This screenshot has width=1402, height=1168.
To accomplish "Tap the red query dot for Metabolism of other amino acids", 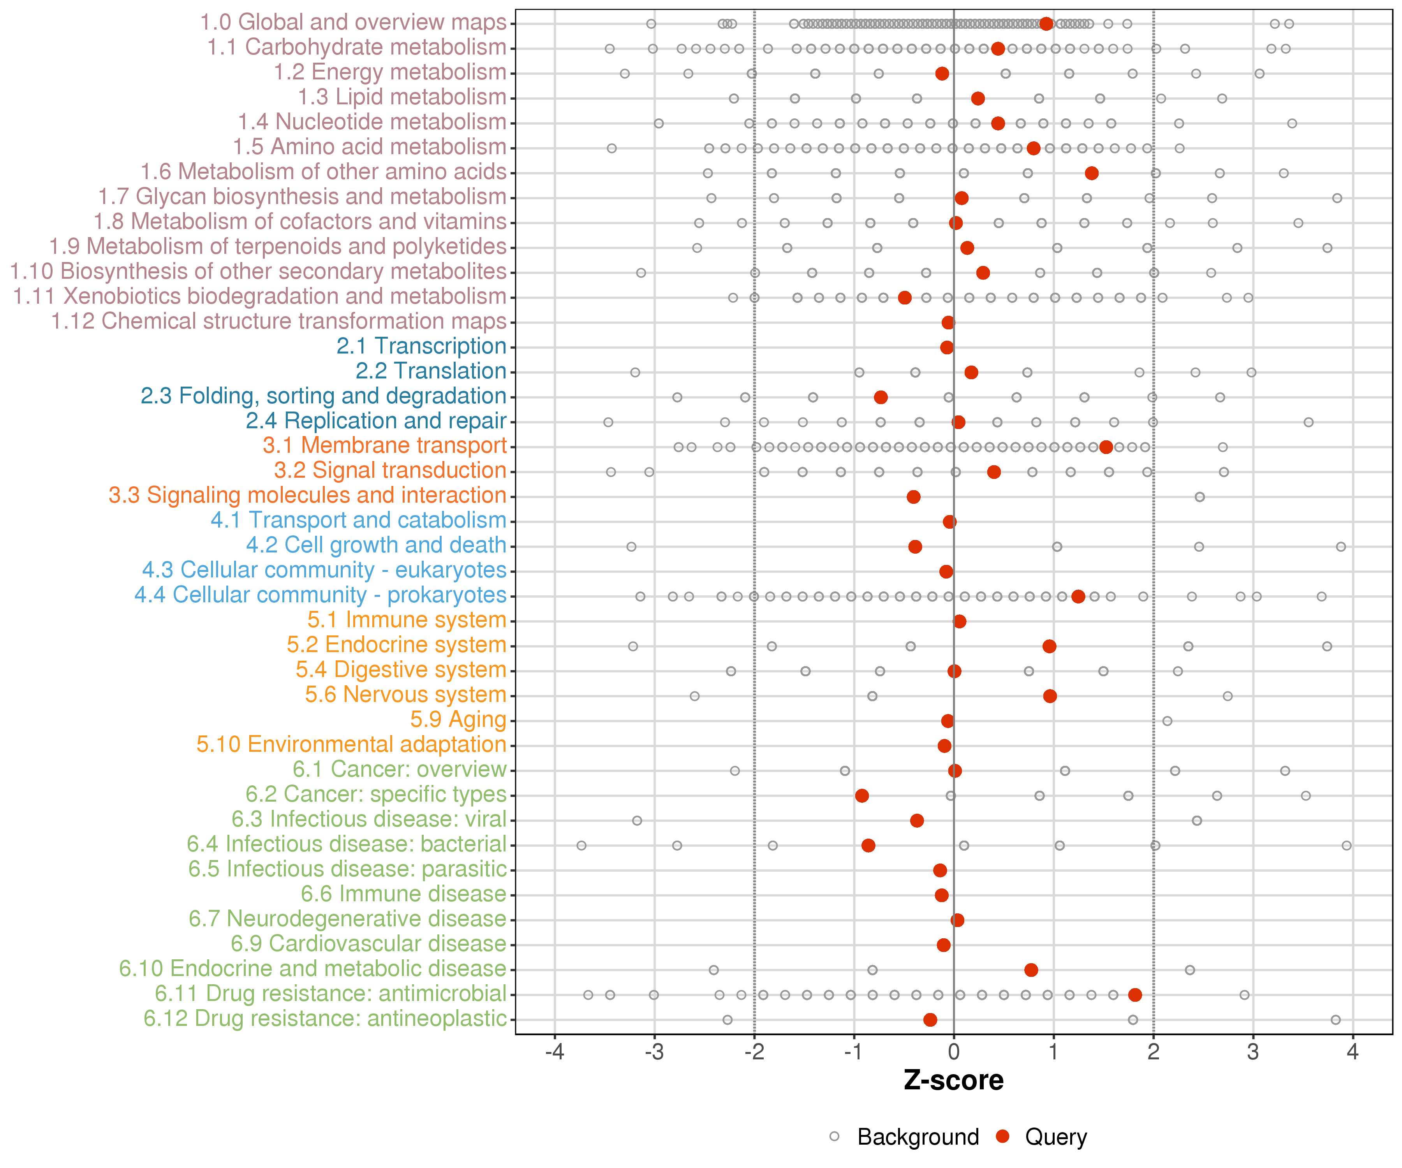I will click(1092, 174).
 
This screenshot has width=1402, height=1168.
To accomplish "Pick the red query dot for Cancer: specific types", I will click(862, 795).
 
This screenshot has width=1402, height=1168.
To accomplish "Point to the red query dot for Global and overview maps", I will click(1046, 24).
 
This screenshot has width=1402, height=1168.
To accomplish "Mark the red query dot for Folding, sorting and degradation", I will click(881, 397).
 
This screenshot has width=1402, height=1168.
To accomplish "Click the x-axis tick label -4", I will click(554, 1052).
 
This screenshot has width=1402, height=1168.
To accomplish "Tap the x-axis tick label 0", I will click(953, 1052).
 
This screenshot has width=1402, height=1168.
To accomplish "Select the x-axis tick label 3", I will click(1253, 1052).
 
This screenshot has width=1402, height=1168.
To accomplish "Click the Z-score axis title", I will click(953, 1080).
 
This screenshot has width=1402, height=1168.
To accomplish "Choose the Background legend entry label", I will click(918, 1136).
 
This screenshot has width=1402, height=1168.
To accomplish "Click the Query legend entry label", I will click(1056, 1136).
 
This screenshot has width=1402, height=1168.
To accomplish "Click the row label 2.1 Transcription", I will click(421, 346).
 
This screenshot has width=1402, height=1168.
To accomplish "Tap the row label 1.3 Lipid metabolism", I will click(402, 97).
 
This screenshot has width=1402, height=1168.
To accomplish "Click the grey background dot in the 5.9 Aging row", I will click(1167, 721).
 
